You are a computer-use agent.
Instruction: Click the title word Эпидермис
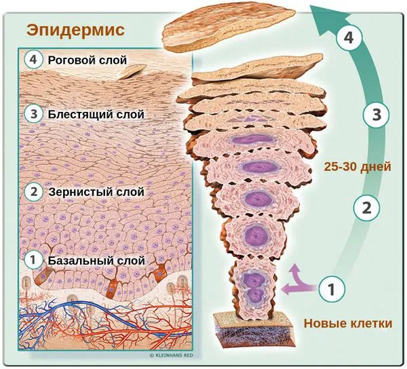coord(75,30)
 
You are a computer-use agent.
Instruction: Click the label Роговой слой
coord(88,60)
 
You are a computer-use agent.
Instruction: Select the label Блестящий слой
coord(96,114)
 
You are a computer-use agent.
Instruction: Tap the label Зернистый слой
coord(96,192)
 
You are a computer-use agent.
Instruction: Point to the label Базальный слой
coord(96,260)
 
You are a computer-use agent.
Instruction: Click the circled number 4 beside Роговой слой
coord(33,60)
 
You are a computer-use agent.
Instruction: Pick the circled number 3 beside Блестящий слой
coord(33,114)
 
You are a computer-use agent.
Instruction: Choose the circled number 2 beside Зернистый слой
coord(33,192)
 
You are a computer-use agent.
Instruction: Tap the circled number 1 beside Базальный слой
coord(33,260)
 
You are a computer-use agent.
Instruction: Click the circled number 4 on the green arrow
coord(349,38)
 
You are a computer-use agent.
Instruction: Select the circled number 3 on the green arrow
coord(376,115)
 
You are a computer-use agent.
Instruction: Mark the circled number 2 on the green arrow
coord(366,208)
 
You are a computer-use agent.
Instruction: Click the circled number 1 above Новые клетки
coord(332,289)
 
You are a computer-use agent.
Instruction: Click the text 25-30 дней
coord(357,167)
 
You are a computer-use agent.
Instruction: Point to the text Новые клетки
coord(348,324)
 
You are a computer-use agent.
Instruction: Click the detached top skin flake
coord(229,26)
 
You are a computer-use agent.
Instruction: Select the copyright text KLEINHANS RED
coord(172,355)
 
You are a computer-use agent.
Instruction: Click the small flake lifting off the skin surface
coord(133,71)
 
